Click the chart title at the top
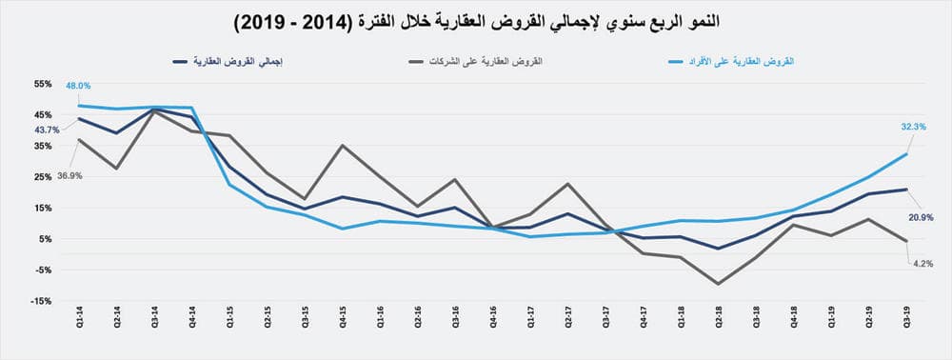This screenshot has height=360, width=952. [x=475, y=20]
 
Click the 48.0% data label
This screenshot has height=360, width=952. [x=78, y=86]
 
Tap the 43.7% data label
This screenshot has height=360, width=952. [x=47, y=130]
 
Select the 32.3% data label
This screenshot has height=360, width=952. [x=904, y=126]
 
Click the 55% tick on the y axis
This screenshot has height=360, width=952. [x=43, y=84]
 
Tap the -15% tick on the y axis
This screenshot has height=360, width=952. [x=42, y=301]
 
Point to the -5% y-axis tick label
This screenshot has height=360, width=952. [x=44, y=270]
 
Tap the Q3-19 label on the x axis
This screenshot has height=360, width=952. [x=906, y=322]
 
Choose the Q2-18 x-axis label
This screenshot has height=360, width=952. [x=719, y=322]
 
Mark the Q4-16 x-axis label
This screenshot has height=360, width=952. [x=492, y=322]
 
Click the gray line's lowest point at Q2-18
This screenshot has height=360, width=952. [x=719, y=284]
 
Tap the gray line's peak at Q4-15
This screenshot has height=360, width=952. [x=342, y=146]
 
